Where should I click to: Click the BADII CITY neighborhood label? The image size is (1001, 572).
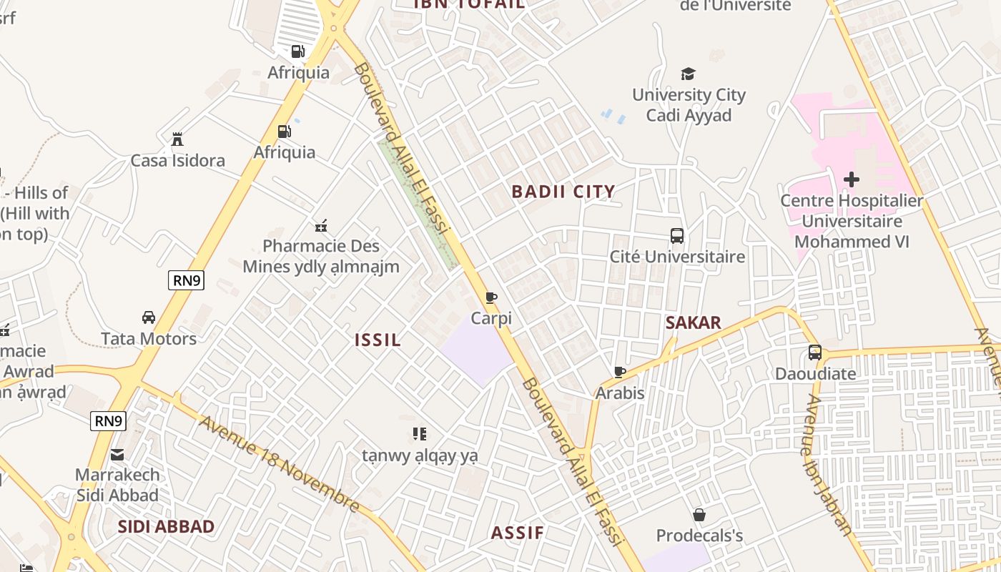[563, 192]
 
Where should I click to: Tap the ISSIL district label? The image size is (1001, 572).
[378, 340]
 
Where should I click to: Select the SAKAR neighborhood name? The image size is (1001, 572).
[693, 323]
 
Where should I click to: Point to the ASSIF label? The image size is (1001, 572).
[518, 533]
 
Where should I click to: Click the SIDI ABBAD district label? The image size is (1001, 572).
[166, 527]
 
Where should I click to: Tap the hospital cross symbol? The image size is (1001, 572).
[851, 179]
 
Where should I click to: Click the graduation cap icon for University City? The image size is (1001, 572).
[688, 74]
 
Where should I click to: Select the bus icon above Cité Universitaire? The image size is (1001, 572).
[676, 235]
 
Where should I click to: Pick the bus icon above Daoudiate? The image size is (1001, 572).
[814, 352]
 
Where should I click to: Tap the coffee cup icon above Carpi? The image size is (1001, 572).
[491, 297]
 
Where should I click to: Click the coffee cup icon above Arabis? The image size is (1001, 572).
[620, 372]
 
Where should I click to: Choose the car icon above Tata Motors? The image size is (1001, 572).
[149, 317]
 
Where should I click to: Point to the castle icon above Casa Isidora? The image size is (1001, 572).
[177, 139]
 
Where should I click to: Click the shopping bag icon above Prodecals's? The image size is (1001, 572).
[699, 515]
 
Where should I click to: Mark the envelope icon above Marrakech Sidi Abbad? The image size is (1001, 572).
[117, 455]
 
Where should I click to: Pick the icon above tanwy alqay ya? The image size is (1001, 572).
[420, 433]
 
